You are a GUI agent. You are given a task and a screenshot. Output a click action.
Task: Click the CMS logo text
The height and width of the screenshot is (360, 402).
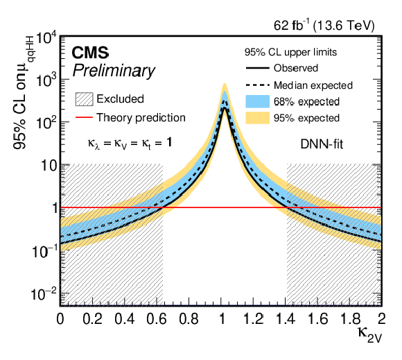coord(90,53)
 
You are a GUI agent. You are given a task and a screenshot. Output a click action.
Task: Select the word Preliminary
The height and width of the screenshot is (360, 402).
coord(114,71)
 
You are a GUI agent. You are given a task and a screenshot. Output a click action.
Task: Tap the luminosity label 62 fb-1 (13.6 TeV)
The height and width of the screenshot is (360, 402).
coord(324,26)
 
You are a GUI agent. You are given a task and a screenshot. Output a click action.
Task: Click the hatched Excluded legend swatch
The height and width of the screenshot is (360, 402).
coord(84,99)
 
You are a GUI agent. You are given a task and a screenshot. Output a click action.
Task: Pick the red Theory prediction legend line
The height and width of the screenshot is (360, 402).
coord(84,117)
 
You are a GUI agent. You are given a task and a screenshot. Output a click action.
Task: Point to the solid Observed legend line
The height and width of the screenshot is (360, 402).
coord(258,68)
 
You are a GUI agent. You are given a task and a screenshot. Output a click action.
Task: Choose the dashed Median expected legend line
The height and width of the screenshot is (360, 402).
coord(258,85)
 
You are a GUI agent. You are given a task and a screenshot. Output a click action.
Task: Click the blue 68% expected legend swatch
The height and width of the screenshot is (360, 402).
coord(258,101)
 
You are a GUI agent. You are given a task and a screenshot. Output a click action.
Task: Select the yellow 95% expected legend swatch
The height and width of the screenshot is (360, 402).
coord(258,118)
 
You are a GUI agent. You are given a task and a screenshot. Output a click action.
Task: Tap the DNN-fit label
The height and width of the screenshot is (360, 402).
coord(322,144)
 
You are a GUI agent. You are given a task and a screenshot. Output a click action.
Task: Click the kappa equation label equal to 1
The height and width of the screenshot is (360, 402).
coord(130,144)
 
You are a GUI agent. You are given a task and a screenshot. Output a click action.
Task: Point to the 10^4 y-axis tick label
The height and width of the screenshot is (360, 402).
coord(46,40)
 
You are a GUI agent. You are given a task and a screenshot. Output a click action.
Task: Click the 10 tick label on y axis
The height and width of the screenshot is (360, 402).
coord(49,166)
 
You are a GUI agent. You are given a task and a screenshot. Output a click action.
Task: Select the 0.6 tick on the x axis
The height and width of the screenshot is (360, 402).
coord(157,319)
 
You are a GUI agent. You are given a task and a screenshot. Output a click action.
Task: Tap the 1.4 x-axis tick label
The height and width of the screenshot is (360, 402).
coord(286,319)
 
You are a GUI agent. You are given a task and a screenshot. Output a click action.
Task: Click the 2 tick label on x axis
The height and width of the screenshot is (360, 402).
coord(382,319)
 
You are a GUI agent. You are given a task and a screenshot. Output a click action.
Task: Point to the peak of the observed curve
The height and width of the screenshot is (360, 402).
coord(225,108)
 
